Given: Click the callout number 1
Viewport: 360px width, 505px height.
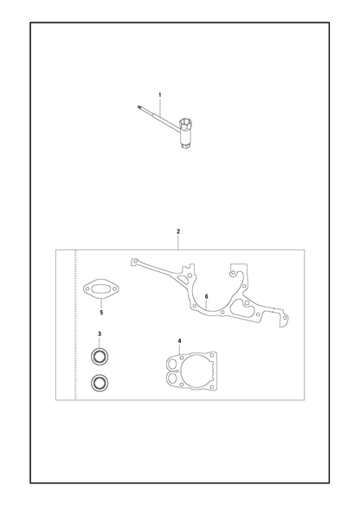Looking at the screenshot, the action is click(160, 95).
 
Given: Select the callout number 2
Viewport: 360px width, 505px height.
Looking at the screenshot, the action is click(178, 231).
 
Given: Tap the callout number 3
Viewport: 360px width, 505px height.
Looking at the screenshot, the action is click(100, 334).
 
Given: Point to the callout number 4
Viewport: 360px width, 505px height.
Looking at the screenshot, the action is click(179, 340).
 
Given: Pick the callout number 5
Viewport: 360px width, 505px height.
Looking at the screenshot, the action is click(101, 313).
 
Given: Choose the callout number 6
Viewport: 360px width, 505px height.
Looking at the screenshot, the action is click(206, 296).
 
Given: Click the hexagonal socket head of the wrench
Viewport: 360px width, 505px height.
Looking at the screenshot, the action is click(187, 123).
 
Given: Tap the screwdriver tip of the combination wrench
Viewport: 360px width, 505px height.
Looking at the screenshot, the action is click(138, 107).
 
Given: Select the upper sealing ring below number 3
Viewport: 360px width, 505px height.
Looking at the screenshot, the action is click(100, 357).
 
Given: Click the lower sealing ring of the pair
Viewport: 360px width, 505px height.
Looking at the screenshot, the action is click(100, 383).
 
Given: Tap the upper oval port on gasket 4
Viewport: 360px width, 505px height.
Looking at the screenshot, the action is click(173, 365).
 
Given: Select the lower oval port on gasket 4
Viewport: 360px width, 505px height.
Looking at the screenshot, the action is click(173, 376).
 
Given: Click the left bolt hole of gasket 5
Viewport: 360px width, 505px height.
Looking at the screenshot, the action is click(87, 289).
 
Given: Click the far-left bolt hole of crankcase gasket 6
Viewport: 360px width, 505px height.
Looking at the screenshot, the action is click(136, 261).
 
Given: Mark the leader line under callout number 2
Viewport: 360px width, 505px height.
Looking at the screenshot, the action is click(178, 243).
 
